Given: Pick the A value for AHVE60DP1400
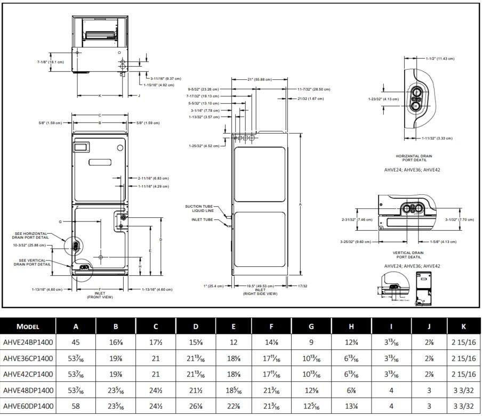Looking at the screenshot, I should (76, 406).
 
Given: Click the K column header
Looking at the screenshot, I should (464, 327).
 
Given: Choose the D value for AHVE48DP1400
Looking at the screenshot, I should (196, 390).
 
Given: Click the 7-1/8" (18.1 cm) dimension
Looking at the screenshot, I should (51, 62).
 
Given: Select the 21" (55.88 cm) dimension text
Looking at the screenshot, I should (259, 79).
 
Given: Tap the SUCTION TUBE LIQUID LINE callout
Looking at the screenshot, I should (199, 208).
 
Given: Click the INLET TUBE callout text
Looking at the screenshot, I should (203, 219).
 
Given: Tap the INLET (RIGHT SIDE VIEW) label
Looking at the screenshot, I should (260, 292).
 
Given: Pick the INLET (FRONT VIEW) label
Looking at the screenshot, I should (100, 295).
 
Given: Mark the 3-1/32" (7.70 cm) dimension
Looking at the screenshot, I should (458, 219).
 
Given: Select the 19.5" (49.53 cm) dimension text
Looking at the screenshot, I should (260, 286).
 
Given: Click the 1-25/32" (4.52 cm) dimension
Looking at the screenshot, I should (203, 145).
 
